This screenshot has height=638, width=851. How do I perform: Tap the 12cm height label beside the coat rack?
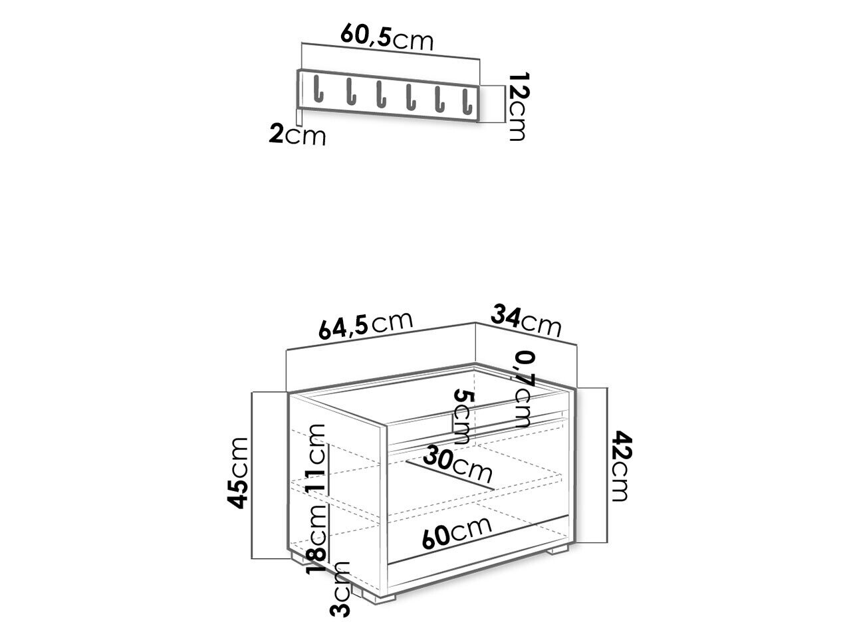click(x=517, y=106)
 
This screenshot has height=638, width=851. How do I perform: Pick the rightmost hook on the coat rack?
click(x=467, y=102)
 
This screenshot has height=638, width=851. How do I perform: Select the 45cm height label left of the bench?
click(x=237, y=473)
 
